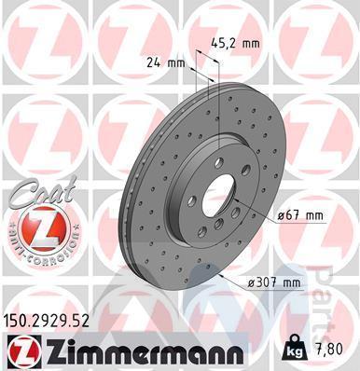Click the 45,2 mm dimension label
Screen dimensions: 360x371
tap(235, 44)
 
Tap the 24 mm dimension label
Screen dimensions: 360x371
tap(166, 63)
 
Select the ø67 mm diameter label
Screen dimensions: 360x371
tap(300, 215)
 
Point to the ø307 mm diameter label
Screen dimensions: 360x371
tap(274, 283)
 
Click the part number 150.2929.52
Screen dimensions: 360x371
tap(46, 320)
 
